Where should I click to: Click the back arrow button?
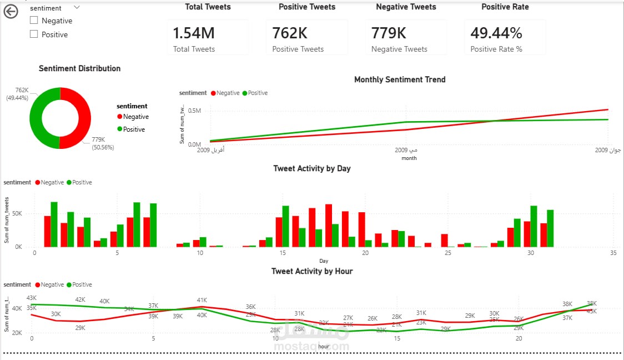[x=11, y=12]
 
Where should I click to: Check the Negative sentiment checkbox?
[x=34, y=21]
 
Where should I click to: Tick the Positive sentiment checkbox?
[x=34, y=34]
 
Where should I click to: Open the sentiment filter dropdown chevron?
[x=77, y=8]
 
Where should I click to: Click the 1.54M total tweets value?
[x=193, y=33]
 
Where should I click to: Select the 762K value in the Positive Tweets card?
[x=290, y=33]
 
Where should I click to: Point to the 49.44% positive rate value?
[x=496, y=33]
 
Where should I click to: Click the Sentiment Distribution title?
[x=79, y=68]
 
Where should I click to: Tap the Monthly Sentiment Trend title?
[x=399, y=79]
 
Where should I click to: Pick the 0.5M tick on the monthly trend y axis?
[x=194, y=111]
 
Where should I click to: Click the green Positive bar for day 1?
[x=54, y=224]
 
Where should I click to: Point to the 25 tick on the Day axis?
[x=447, y=253]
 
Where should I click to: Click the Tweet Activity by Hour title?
[x=311, y=271]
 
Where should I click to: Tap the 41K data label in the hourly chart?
[x=202, y=300]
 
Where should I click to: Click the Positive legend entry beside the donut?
[x=133, y=129]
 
